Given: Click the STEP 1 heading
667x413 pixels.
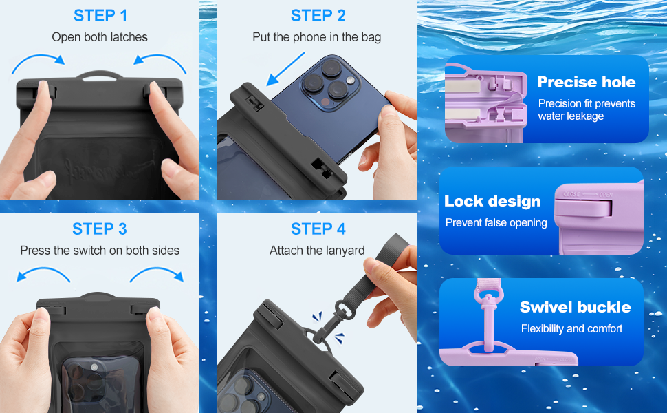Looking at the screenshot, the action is [100, 16].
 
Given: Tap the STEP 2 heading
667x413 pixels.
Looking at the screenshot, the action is [318, 16].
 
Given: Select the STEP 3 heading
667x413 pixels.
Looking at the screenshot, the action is [100, 229].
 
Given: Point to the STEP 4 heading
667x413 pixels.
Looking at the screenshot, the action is [318, 229].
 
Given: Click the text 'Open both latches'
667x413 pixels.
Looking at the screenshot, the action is [100, 37].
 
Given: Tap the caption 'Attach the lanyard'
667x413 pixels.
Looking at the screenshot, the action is [317, 251].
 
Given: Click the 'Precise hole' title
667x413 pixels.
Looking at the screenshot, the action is [586, 82].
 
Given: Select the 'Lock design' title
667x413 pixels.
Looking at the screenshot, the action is [492, 201].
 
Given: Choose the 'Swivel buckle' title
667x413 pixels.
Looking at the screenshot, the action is [575, 307].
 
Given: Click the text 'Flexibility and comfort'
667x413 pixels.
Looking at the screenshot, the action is [571, 329].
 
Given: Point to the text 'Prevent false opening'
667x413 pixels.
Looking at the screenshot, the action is [496, 223].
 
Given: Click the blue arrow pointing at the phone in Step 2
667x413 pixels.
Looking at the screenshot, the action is [285, 69].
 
